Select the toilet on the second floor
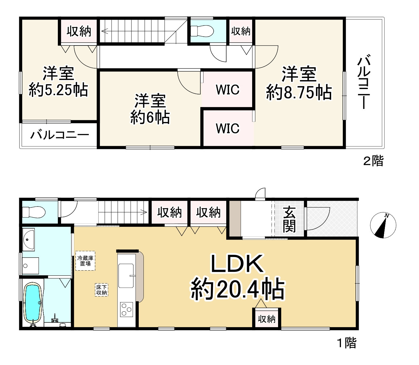tap(203, 31)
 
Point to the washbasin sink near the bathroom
tap(29, 239)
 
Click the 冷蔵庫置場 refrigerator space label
tap(85, 260)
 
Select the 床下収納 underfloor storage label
tap(101, 290)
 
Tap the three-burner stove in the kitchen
tap(127, 309)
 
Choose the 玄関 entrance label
tap(289, 219)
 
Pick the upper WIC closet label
tap(228, 90)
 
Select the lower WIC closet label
tap(228, 129)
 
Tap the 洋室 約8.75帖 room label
tap(299, 83)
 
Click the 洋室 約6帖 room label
tap(150, 109)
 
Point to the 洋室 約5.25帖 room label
tap(58, 82)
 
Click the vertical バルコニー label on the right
tap(364, 82)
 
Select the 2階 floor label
tap(373, 161)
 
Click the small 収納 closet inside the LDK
tap(266, 319)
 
